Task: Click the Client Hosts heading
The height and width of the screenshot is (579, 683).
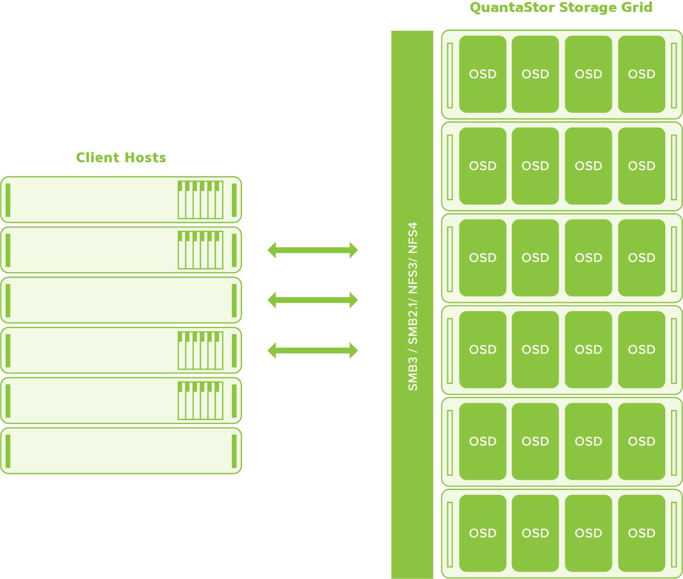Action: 121,157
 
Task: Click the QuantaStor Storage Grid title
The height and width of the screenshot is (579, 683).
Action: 561,7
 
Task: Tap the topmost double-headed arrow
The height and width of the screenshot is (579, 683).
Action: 312,250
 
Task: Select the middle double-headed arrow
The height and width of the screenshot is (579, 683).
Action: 312,300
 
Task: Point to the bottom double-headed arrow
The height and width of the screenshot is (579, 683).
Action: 312,350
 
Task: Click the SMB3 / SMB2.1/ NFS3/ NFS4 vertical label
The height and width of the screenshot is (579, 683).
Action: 412,306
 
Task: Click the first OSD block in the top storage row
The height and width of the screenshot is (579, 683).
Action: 482,74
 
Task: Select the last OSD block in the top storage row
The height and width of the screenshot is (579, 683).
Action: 641,74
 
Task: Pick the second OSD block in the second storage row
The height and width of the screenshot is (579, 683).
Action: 535,166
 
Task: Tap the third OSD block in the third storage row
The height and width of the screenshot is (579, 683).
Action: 588,258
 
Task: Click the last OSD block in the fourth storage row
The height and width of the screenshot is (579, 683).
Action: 641,350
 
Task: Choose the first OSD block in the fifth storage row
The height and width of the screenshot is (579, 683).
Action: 482,442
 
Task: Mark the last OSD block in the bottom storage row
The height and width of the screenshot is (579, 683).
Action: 641,533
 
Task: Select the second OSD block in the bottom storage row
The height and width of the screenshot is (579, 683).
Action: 535,533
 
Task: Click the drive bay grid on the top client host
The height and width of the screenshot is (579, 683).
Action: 201,200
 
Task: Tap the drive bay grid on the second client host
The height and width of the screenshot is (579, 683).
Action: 201,250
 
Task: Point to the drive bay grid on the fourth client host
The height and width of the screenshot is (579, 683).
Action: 201,350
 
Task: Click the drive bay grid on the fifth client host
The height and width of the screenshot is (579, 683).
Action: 201,400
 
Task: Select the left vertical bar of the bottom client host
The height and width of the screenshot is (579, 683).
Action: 8,451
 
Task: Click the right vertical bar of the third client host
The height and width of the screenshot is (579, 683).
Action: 234,300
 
